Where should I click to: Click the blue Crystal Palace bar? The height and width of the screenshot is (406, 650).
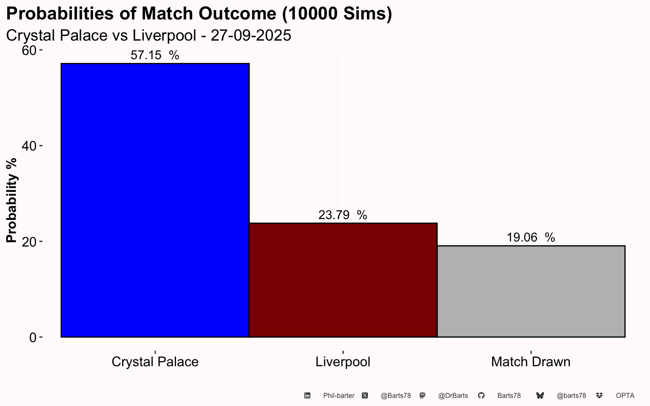click(x=155, y=200)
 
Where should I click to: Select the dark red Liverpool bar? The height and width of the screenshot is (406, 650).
click(x=343, y=280)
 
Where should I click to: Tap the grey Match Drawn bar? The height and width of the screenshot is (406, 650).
click(x=531, y=291)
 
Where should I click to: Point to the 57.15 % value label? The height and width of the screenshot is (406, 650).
click(x=154, y=55)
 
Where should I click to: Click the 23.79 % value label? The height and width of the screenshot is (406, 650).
click(x=343, y=215)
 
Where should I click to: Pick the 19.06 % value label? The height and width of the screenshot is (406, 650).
click(x=531, y=238)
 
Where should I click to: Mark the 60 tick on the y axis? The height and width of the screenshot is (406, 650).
click(x=29, y=50)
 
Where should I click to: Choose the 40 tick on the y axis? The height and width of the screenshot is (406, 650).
click(x=29, y=146)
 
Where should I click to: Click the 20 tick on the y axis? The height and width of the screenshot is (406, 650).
click(x=29, y=241)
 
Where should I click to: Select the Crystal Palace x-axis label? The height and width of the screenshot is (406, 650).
click(x=155, y=362)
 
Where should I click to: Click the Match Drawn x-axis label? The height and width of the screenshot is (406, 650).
click(x=531, y=362)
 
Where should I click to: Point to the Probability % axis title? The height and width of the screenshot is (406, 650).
click(x=11, y=200)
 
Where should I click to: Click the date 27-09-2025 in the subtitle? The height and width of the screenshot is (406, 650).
click(x=251, y=36)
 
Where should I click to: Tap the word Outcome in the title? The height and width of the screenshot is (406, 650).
click(x=237, y=14)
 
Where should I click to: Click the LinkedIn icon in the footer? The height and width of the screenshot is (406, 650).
click(x=307, y=395)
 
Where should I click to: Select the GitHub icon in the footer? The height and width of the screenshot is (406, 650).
click(x=481, y=395)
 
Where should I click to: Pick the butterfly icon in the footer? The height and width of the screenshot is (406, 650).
click(x=540, y=395)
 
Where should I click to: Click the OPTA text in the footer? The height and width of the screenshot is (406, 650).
click(x=625, y=396)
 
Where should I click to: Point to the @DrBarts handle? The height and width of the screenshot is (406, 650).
click(x=453, y=396)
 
